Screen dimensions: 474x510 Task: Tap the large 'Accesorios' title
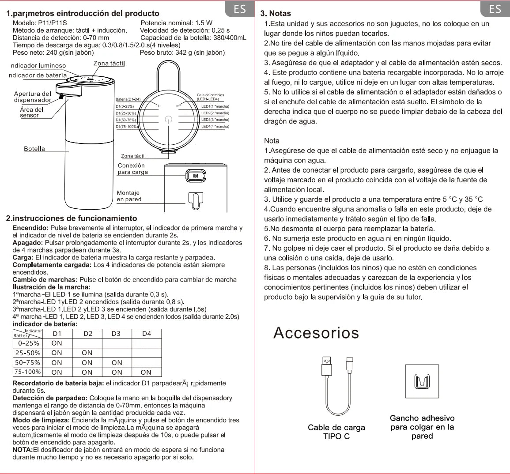[316, 332]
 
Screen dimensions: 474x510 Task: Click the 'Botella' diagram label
[34, 149]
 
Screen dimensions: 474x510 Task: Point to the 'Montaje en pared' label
[129, 196]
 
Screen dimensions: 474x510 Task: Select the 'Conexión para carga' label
[132, 169]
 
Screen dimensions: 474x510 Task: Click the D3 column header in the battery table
[116, 334]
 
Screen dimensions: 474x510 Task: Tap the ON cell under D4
[146, 372]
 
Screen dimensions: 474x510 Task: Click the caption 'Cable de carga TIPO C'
[336, 432]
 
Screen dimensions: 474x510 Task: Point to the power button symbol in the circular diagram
[167, 119]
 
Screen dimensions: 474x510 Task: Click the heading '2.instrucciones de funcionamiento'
[72, 218]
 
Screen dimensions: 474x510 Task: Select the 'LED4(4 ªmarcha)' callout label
[215, 126]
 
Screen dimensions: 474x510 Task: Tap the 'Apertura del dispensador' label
[33, 97]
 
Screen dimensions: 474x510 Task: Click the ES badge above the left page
[240, 9]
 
